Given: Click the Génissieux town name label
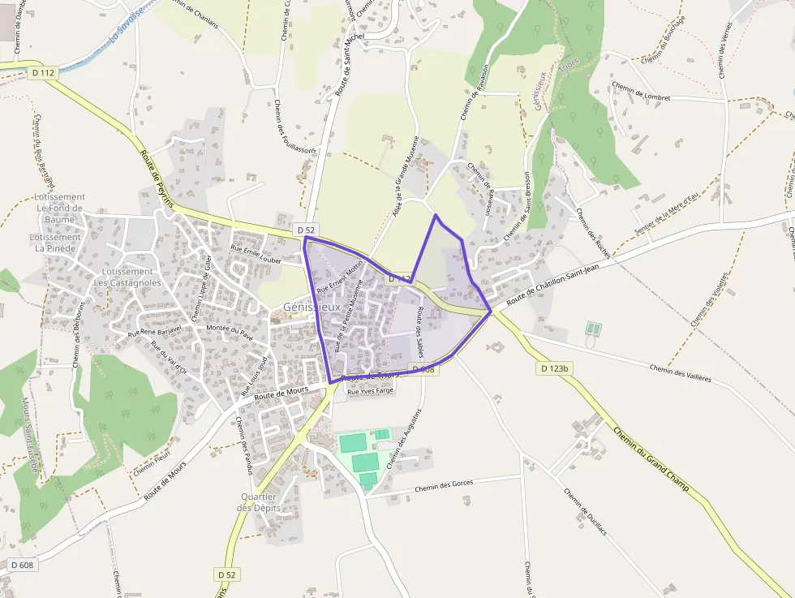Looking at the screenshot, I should click(x=312, y=308).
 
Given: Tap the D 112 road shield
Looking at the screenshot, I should click(x=45, y=73).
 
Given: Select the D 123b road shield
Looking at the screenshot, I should click(x=555, y=369).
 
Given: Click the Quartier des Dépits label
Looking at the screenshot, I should click(x=260, y=502).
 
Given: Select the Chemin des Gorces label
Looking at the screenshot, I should click(x=443, y=485).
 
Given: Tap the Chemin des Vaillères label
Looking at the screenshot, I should click(x=680, y=373).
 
